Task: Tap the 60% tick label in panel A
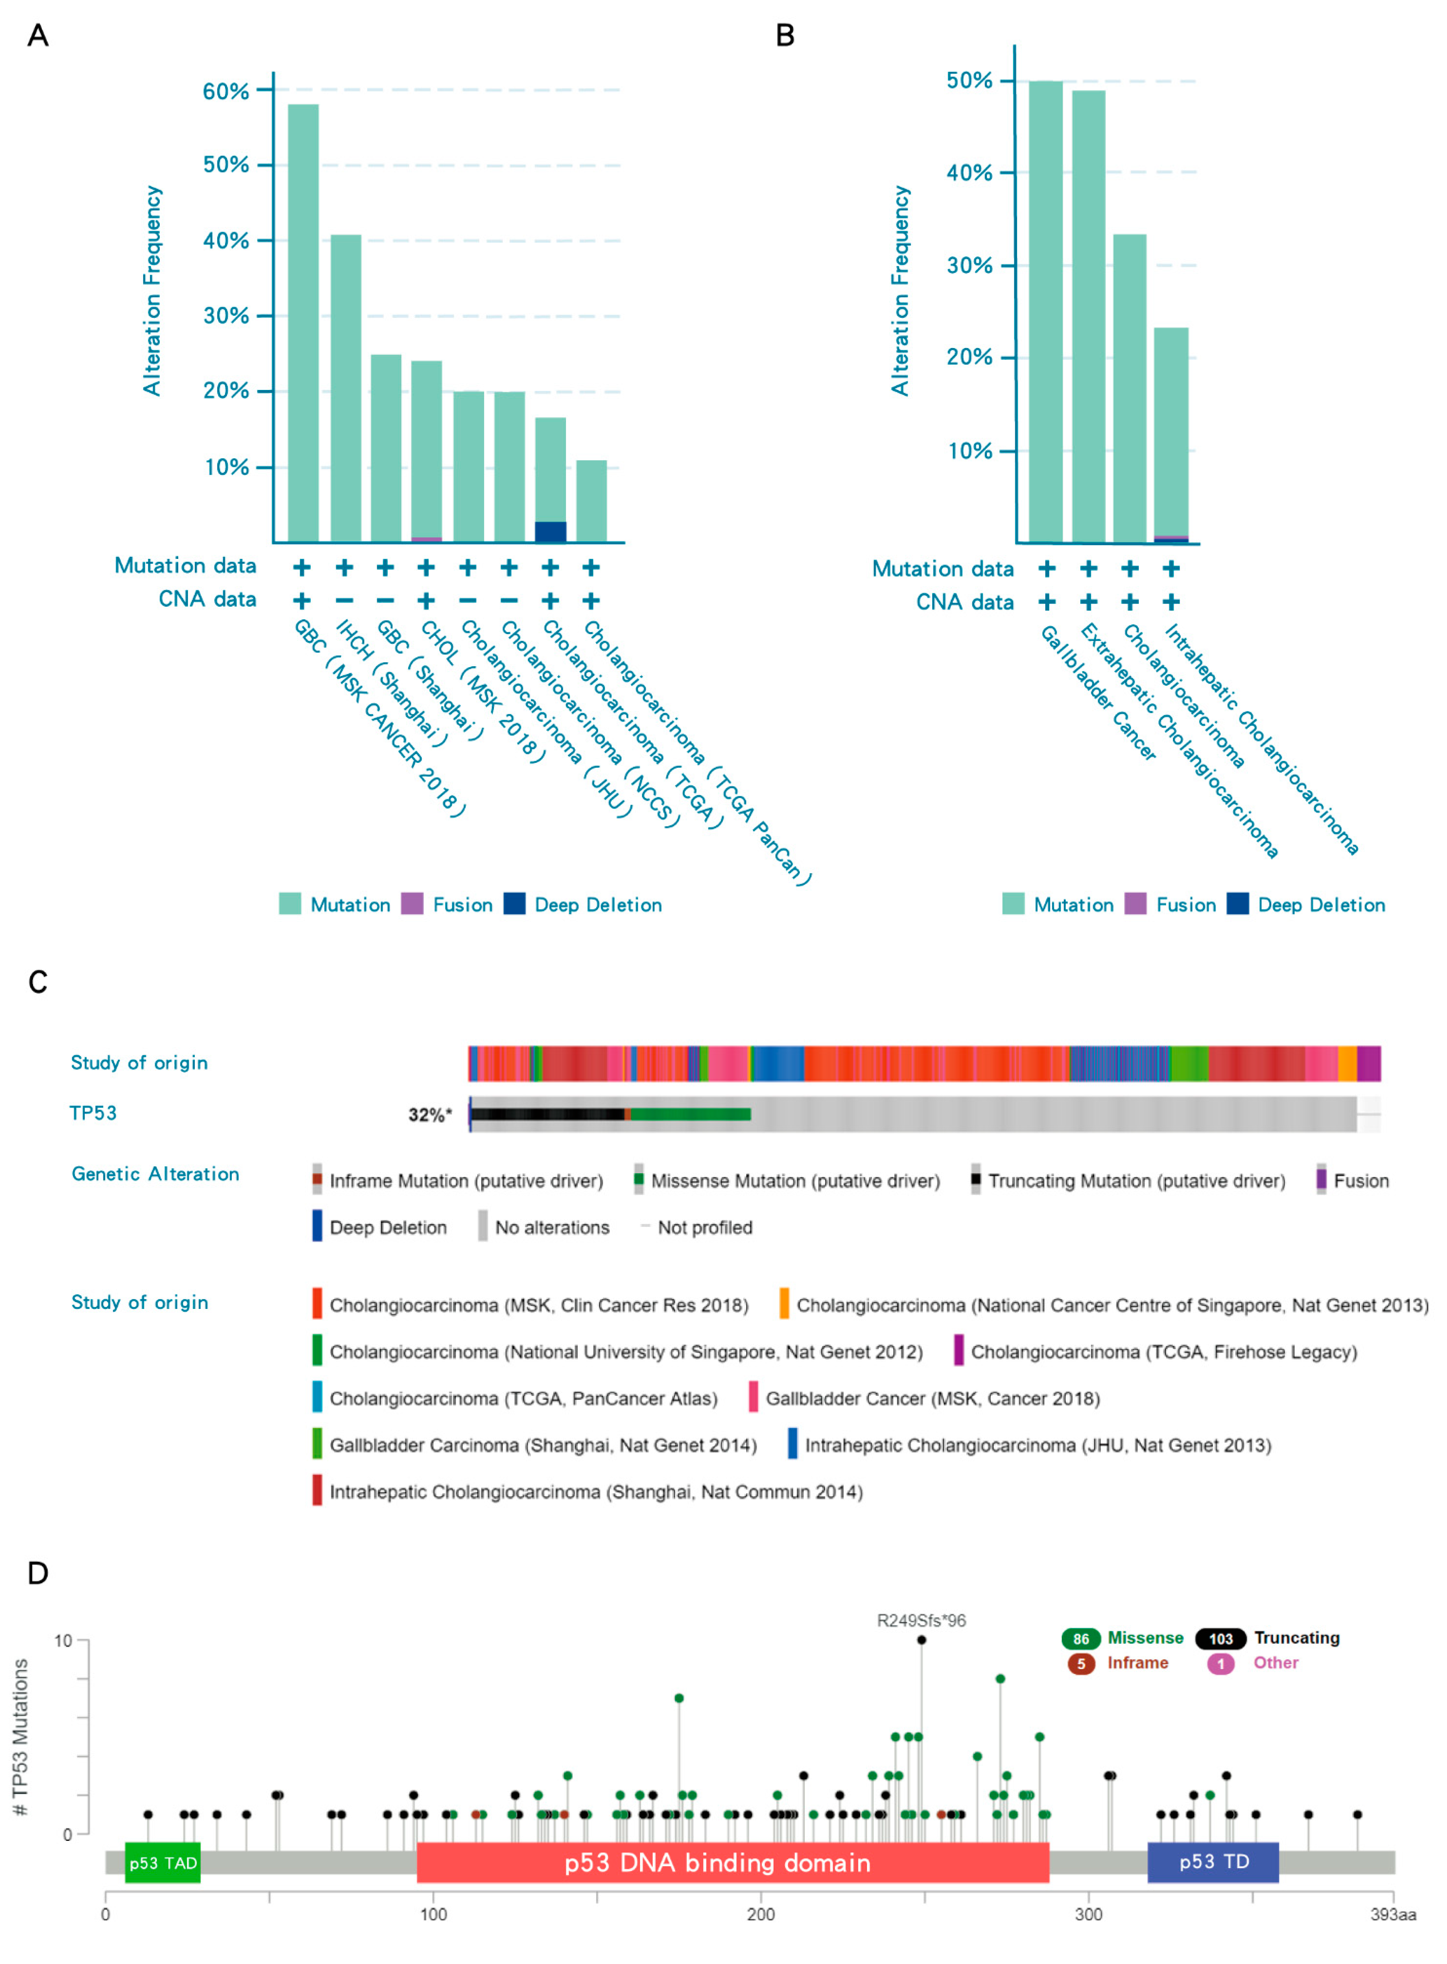tap(226, 91)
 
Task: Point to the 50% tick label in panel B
tap(970, 80)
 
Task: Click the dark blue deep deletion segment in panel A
tap(550, 532)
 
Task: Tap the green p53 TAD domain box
tap(163, 1863)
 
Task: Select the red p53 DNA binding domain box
tap(732, 1863)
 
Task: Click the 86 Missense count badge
tap(1081, 1638)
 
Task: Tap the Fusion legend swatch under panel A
tap(412, 904)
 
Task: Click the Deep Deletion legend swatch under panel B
tap(1237, 904)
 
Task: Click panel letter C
tap(38, 983)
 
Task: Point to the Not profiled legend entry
tap(704, 1228)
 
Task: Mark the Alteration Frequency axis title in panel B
tap(900, 291)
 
